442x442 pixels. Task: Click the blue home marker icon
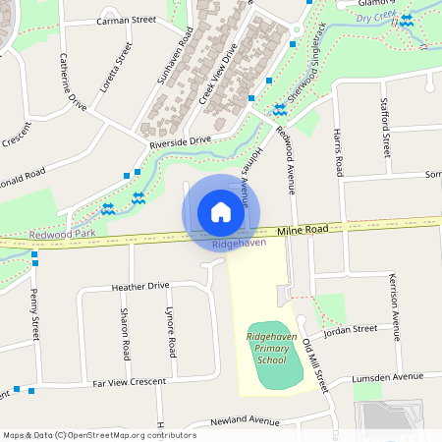click(221, 212)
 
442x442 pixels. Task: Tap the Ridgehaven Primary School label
click(271, 348)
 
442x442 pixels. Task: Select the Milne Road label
click(302, 230)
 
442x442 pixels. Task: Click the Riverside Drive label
click(180, 141)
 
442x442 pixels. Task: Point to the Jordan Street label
click(352, 329)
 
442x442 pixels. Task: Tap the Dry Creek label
click(374, 18)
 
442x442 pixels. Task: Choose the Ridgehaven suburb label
click(239, 243)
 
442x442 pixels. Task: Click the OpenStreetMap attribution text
click(98, 435)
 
